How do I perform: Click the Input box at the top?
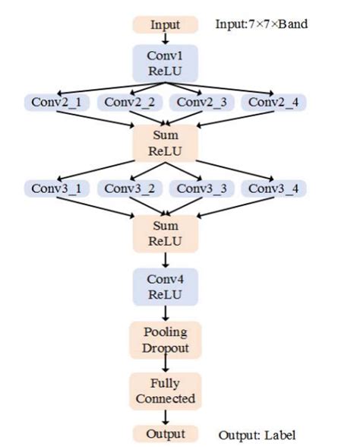pyautogui.click(x=165, y=25)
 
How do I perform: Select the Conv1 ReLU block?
pyautogui.click(x=165, y=62)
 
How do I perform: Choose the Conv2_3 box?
pyautogui.click(x=201, y=102)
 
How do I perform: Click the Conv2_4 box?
pyautogui.click(x=273, y=102)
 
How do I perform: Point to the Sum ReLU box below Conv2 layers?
pyautogui.click(x=165, y=142)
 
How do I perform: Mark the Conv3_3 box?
pyautogui.click(x=201, y=188)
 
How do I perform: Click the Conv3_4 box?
pyautogui.click(x=273, y=188)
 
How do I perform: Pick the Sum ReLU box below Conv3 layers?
pyautogui.click(x=165, y=233)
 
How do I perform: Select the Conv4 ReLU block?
pyautogui.click(x=165, y=287)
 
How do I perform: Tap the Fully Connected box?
pyautogui.click(x=165, y=391)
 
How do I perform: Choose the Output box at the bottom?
pyautogui.click(x=165, y=433)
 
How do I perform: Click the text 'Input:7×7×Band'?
pyautogui.click(x=262, y=24)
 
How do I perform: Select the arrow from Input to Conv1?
pyautogui.click(x=165, y=39)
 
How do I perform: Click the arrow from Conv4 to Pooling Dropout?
pyautogui.click(x=165, y=312)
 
